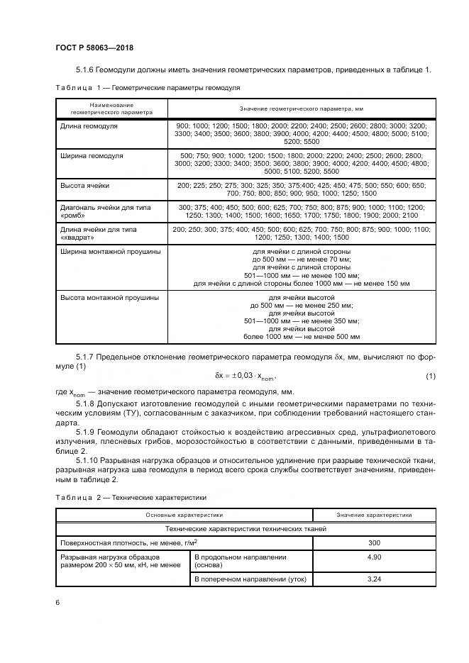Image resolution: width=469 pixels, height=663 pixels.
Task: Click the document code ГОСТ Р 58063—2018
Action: point(94,48)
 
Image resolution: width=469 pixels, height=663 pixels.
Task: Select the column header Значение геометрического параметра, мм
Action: point(301,108)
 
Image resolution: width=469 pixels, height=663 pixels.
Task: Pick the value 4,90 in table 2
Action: point(374,557)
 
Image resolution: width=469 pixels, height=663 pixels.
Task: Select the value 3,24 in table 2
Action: point(374,580)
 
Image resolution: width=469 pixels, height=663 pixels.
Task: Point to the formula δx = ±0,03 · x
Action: point(245,375)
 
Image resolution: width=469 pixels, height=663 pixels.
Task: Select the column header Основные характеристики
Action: point(184,516)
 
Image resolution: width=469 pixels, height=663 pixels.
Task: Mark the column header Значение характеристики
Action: point(374,516)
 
